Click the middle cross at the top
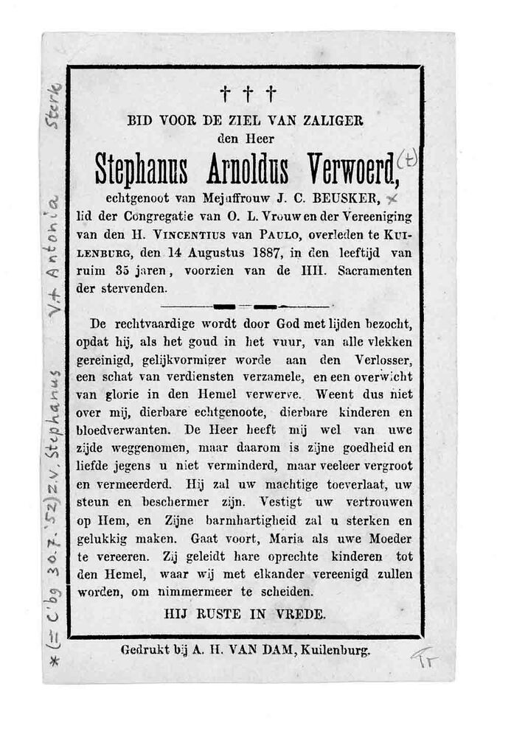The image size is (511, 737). (x=248, y=94)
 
